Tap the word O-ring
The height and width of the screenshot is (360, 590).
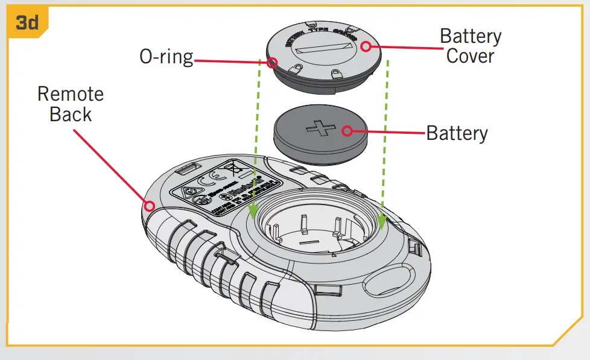click(167, 57)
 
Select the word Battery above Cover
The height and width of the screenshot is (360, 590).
click(470, 36)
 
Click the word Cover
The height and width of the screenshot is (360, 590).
click(470, 56)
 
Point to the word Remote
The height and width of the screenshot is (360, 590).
click(71, 94)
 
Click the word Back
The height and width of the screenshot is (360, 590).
click(71, 114)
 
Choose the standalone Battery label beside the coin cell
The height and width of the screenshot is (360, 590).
click(457, 133)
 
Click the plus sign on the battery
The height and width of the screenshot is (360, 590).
click(320, 129)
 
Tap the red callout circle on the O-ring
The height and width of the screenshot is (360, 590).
click(272, 62)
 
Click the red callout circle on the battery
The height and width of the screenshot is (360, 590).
click(348, 131)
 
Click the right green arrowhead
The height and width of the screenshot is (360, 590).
click(381, 222)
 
